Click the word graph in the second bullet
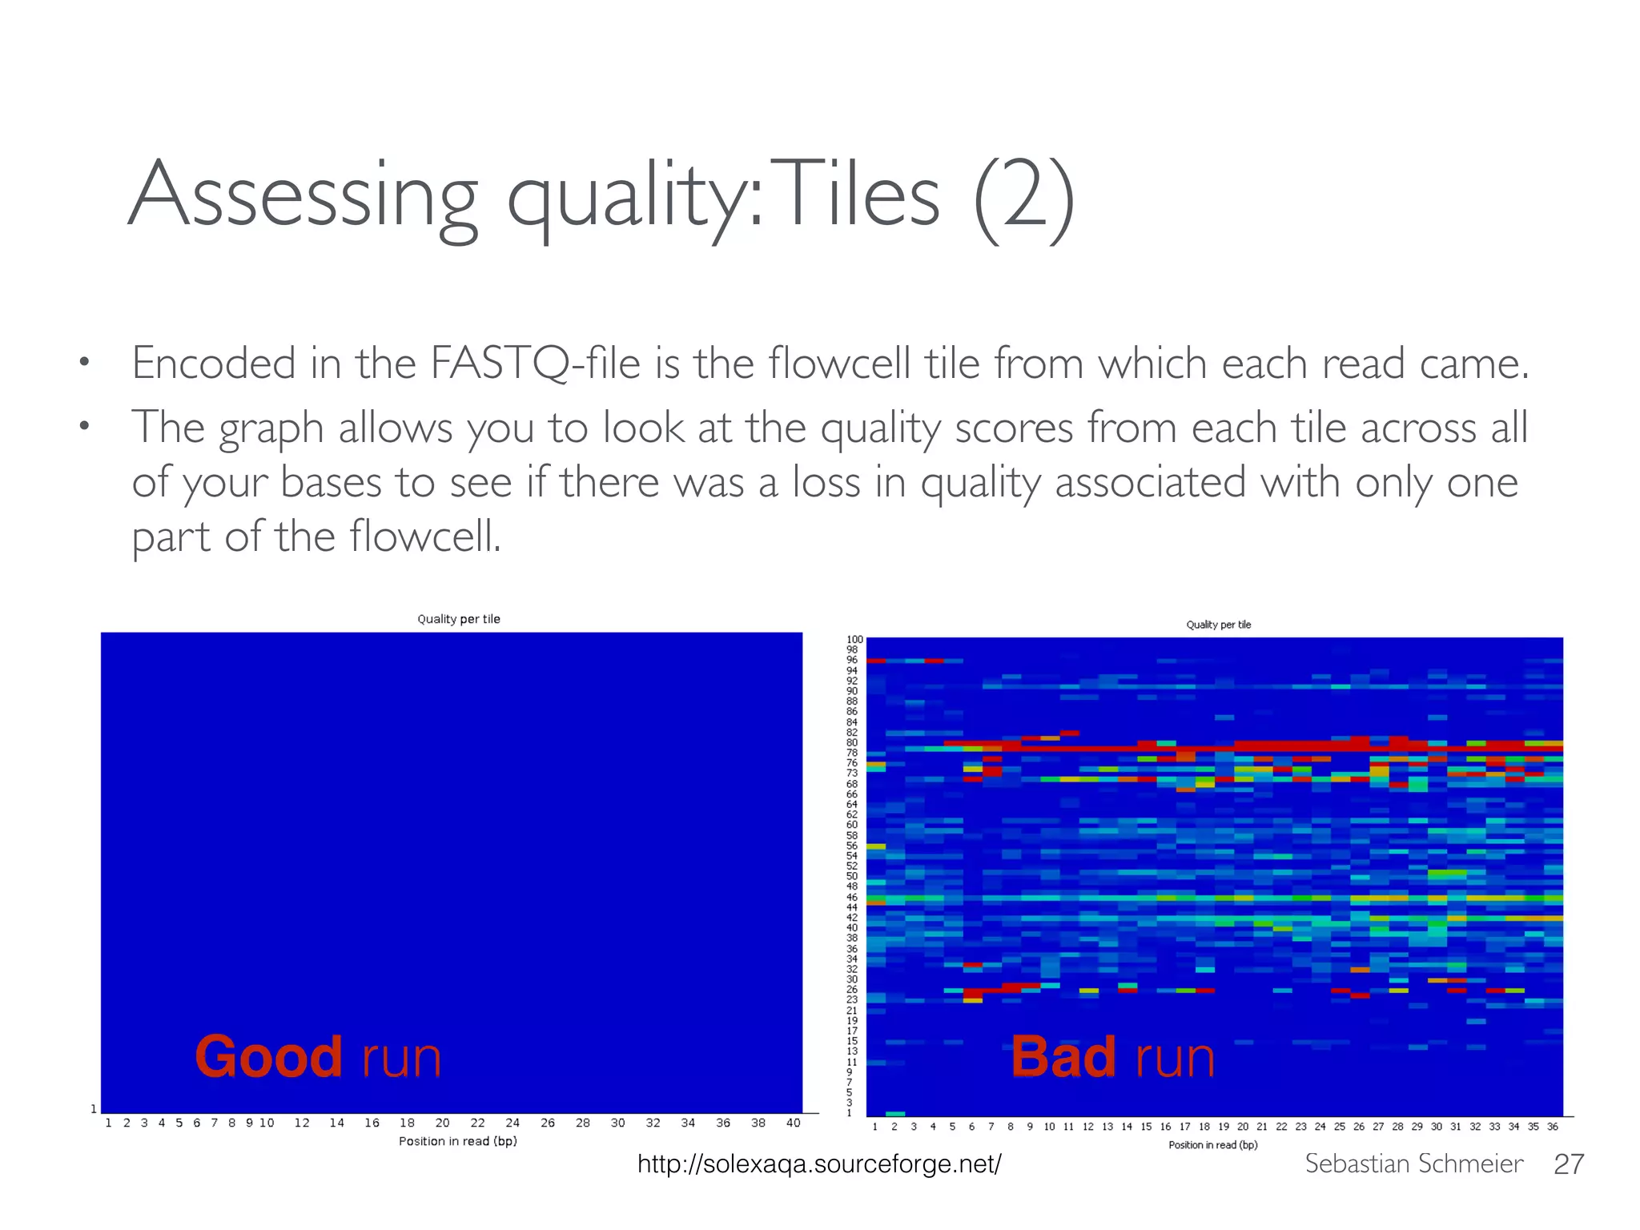coord(271,429)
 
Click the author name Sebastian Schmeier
coord(1413,1164)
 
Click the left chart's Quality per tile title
coord(459,619)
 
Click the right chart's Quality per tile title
coord(1218,625)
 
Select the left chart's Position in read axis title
coord(458,1141)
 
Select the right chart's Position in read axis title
coord(1212,1145)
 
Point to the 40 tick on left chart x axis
coord(793,1123)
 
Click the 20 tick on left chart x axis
coord(442,1123)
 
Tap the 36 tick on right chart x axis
coord(1552,1127)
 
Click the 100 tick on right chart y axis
coord(855,640)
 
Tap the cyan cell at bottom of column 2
coord(895,1114)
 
